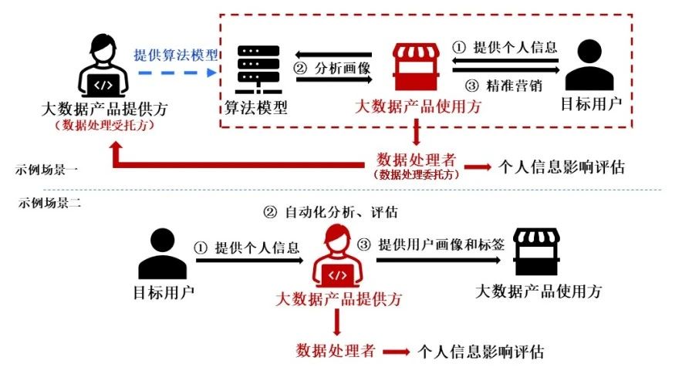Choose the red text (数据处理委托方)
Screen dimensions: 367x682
pos(417,175)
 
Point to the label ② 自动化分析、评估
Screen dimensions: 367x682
pos(331,210)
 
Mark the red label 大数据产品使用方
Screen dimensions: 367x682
pos(417,107)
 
